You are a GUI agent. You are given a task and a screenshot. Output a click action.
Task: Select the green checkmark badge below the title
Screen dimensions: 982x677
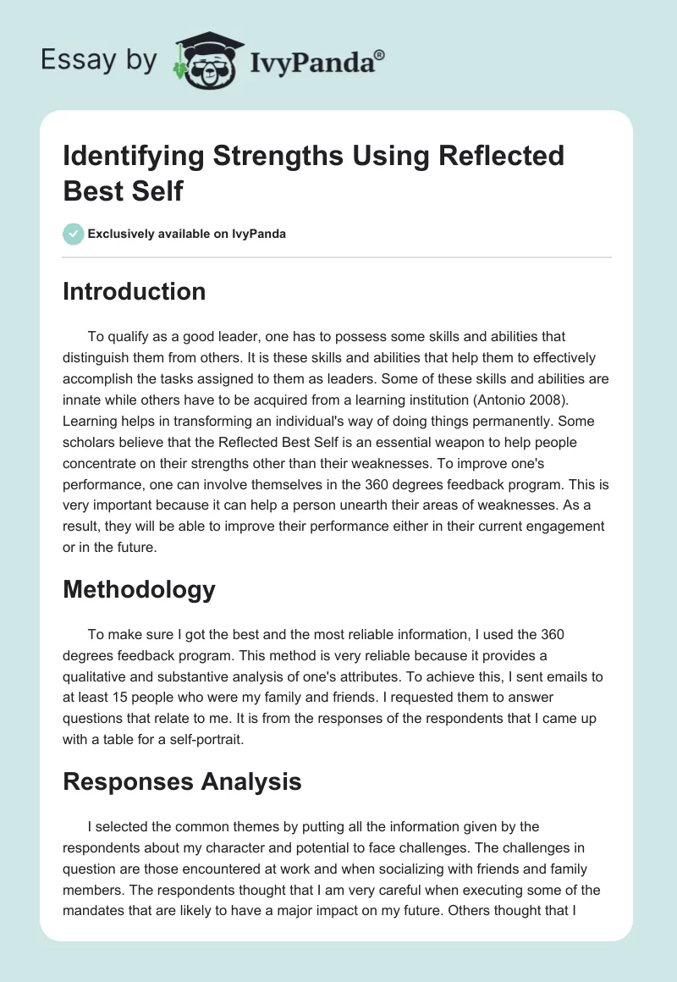point(74,234)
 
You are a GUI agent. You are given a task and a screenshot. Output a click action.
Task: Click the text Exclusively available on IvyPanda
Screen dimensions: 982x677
point(186,234)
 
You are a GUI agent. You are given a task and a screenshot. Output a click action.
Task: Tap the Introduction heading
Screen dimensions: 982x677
point(134,292)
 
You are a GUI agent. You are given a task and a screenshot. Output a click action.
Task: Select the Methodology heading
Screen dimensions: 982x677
point(139,589)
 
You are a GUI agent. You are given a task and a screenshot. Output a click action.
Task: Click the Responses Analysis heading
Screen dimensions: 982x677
point(182,781)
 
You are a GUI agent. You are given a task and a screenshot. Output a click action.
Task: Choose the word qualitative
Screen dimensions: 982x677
point(100,676)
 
